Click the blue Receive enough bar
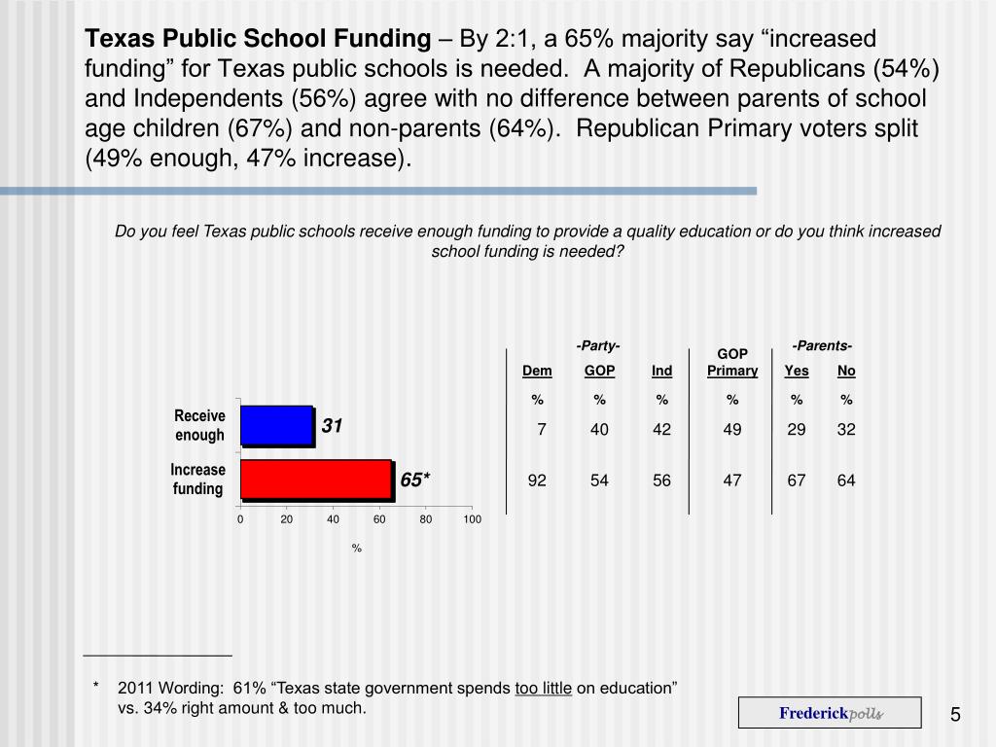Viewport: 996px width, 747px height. click(x=276, y=425)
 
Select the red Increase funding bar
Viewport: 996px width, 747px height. click(x=316, y=479)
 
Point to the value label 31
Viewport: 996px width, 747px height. click(x=333, y=426)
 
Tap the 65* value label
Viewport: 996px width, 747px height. click(x=414, y=480)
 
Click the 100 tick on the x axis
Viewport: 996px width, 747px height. click(x=472, y=519)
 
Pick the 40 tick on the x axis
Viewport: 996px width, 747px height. click(x=333, y=519)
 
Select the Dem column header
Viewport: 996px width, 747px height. click(x=537, y=371)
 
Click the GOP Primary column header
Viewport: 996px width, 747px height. click(x=732, y=362)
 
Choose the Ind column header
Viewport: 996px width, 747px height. click(x=662, y=371)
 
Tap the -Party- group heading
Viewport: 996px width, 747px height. click(x=599, y=346)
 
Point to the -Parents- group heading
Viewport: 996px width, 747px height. click(x=822, y=345)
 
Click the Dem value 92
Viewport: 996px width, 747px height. click(x=537, y=480)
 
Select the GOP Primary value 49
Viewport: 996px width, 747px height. click(x=732, y=429)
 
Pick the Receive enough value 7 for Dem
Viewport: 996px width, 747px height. click(x=542, y=429)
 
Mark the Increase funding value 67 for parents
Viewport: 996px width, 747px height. click(x=797, y=480)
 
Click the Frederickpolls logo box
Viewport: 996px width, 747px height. click(x=830, y=713)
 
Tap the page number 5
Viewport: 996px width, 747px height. click(x=955, y=716)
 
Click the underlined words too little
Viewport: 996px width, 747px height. click(x=543, y=689)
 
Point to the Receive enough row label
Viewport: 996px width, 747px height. click(x=199, y=426)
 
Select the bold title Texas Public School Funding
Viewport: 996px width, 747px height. click(x=258, y=39)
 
